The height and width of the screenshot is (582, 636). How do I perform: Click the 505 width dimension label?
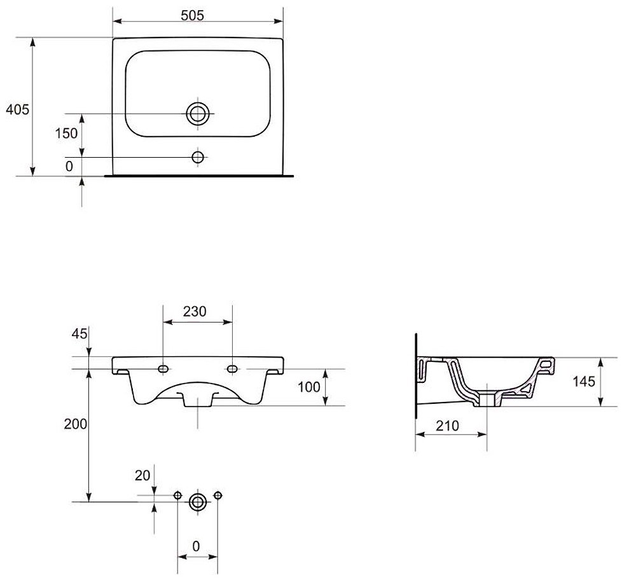[x=192, y=15]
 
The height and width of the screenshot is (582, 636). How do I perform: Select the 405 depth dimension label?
[x=17, y=109]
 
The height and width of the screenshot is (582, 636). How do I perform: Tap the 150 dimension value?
[x=66, y=133]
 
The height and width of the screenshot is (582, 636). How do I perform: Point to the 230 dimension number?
[x=195, y=311]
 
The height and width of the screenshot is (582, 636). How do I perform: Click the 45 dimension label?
[x=79, y=333]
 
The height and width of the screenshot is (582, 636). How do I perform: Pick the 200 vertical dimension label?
[x=76, y=424]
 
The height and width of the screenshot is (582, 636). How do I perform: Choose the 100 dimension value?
[x=308, y=387]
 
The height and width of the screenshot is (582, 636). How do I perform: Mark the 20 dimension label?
[x=142, y=475]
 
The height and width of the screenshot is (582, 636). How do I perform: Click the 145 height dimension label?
[x=584, y=381]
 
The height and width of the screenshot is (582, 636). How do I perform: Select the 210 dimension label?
[x=447, y=426]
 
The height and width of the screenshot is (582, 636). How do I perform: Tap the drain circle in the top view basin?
[x=198, y=114]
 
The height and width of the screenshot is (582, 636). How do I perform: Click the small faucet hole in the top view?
[x=198, y=157]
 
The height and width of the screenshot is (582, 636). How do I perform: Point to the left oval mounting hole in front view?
[x=163, y=369]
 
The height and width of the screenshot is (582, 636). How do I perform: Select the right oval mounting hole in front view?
[x=232, y=369]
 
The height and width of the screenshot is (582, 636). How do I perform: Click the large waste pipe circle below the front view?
[x=198, y=502]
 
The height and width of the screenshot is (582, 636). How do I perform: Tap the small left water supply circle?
[x=177, y=495]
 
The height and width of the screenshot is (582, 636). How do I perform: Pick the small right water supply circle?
[x=218, y=495]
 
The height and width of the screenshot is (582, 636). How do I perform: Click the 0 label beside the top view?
[x=69, y=166]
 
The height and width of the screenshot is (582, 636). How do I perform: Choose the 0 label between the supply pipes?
[x=196, y=546]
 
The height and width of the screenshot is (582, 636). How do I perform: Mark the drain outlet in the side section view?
[x=487, y=399]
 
